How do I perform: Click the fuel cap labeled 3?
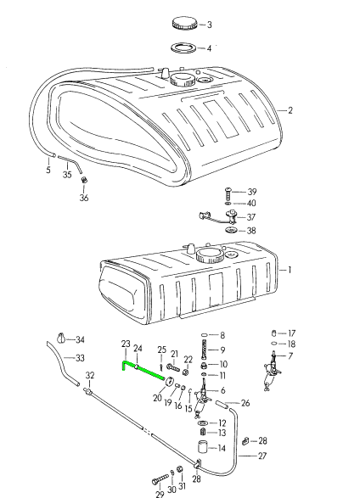click(x=184, y=24)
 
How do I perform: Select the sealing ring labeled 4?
click(x=184, y=48)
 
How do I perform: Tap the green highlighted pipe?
click(x=143, y=370)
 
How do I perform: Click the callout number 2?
click(x=290, y=110)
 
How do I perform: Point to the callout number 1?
click(x=290, y=270)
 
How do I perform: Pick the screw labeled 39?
click(x=228, y=193)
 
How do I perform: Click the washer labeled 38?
click(x=231, y=230)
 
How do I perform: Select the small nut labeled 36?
click(x=84, y=180)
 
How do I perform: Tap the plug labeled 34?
click(x=62, y=338)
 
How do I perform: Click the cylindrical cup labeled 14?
click(x=202, y=447)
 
